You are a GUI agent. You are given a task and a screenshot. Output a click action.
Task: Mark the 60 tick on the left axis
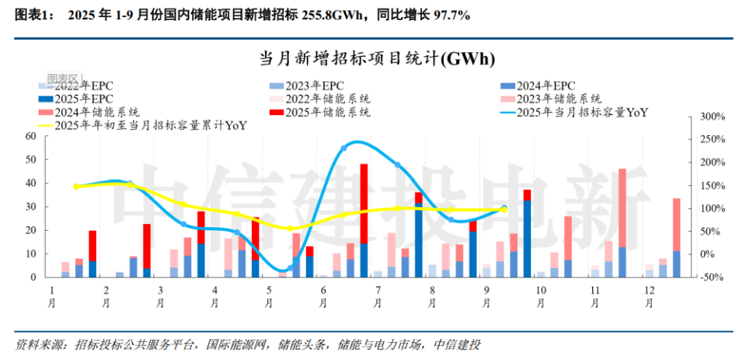(x=31, y=136)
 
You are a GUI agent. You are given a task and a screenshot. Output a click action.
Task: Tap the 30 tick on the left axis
(x=31, y=207)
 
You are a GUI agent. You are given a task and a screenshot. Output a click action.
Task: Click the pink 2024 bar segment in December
(x=677, y=225)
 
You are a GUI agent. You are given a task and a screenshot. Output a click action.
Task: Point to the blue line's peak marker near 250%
(x=344, y=148)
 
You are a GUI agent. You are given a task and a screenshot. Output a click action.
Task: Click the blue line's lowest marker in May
(x=290, y=268)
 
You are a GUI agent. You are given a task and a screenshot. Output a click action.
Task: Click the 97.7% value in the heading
(x=448, y=15)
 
